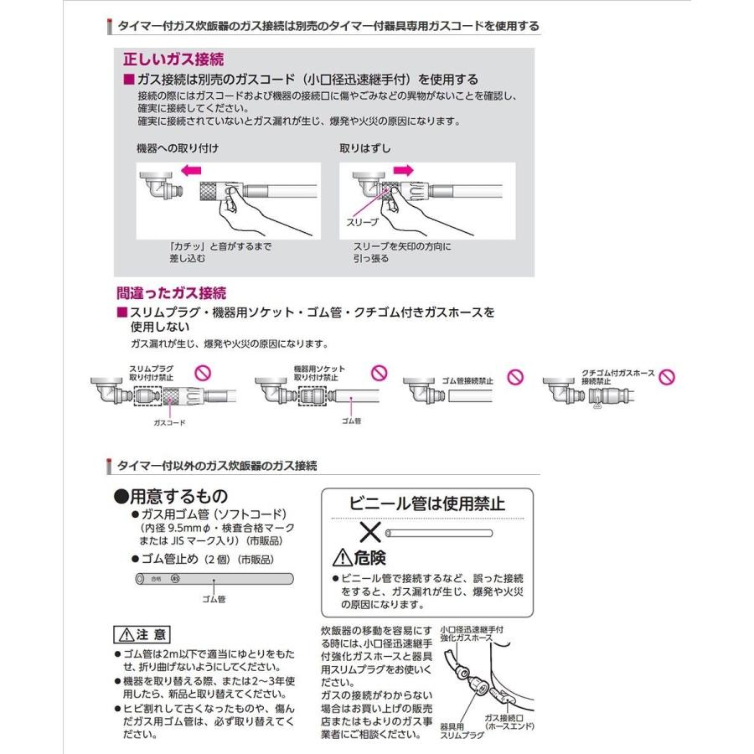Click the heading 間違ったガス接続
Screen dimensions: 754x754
coord(171,293)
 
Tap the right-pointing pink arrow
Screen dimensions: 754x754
coord(403,169)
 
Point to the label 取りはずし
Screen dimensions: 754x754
coord(365,148)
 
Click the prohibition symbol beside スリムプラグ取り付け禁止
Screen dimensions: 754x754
coord(201,370)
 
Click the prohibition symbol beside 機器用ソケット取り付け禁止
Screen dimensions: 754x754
coord(379,370)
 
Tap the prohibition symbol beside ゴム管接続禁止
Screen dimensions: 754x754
coord(516,377)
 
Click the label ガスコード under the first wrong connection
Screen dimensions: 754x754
coord(169,423)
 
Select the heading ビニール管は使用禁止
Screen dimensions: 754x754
coord(427,504)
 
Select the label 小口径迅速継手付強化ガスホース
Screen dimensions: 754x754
coord(471,633)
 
